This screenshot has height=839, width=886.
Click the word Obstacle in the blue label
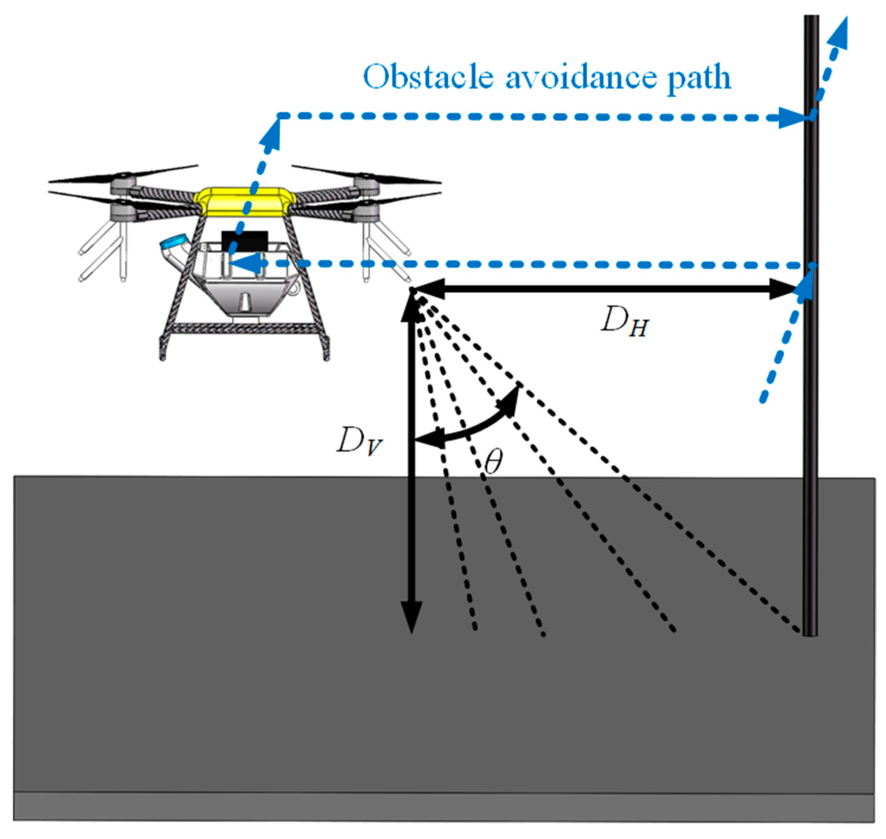(x=427, y=77)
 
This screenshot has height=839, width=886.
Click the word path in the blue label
(x=698, y=78)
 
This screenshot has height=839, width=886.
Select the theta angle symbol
(x=493, y=461)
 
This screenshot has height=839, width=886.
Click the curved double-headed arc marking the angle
(x=470, y=427)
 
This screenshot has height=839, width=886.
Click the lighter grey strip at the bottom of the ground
(x=443, y=807)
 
